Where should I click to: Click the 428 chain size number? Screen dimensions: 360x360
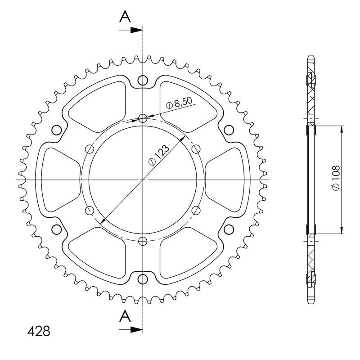click(39, 331)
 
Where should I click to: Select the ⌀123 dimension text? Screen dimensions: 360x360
click(159, 155)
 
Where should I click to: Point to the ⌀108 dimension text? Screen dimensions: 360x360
click(336, 178)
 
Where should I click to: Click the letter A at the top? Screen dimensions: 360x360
click(125, 17)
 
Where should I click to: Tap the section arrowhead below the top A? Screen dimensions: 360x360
click(136, 30)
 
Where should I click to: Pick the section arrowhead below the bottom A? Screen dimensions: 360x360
click(136, 330)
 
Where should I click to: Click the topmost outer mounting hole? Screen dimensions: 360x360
click(143, 80)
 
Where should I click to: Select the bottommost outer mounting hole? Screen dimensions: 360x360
click(143, 279)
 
